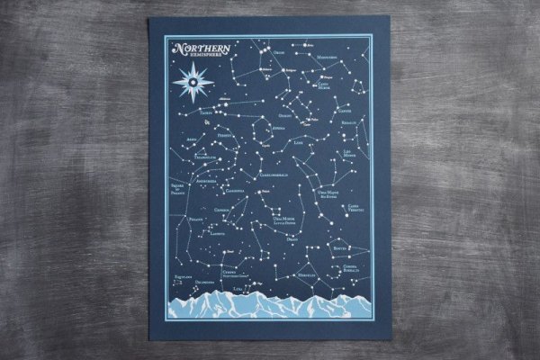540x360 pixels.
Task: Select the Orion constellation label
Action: pos(278,52)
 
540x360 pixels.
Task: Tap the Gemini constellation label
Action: pos(284,115)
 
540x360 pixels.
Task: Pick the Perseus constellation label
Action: pos(225,135)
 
